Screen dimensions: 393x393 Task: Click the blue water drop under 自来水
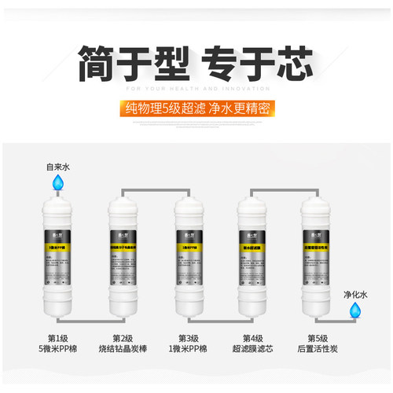pyautogui.click(x=57, y=182)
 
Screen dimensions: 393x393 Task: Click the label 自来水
pyautogui.click(x=57, y=166)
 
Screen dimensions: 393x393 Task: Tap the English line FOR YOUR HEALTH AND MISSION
pyautogui.click(x=196, y=89)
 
